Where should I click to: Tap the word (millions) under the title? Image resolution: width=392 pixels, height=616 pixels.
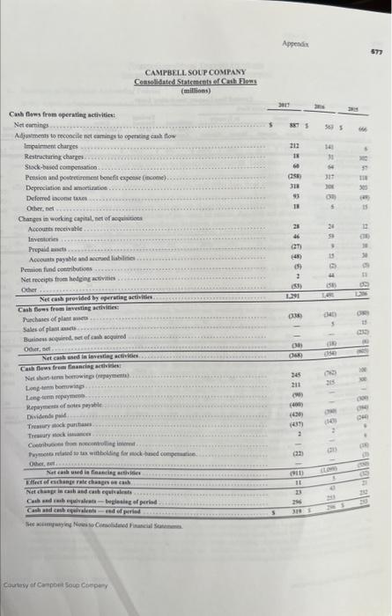tap(195, 90)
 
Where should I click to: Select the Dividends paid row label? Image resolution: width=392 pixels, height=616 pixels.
tap(41, 417)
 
